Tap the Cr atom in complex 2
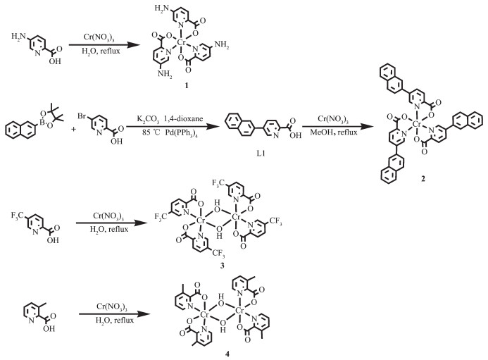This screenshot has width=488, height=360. click(x=417, y=125)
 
